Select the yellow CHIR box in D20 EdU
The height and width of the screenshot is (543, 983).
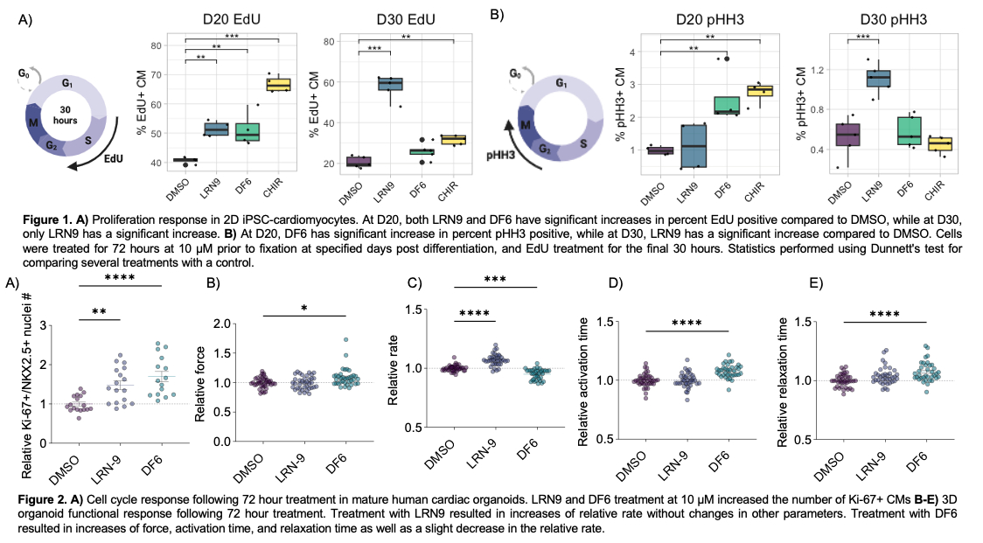point(278,85)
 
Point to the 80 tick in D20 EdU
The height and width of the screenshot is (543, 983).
point(157,45)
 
